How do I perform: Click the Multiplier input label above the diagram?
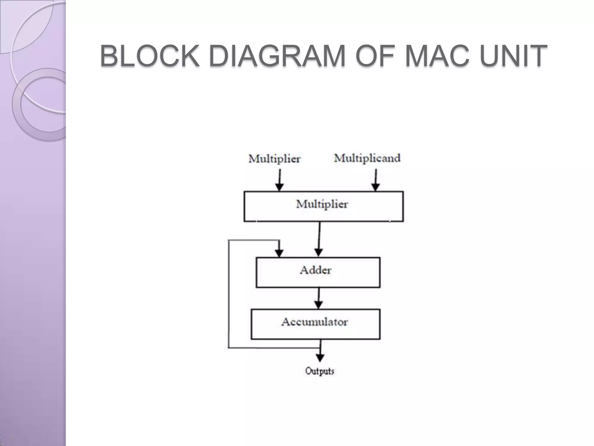click(x=274, y=159)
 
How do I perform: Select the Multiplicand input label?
click(x=367, y=158)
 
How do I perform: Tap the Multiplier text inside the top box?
click(x=322, y=204)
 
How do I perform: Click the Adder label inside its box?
click(x=316, y=270)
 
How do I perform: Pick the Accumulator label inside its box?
click(x=315, y=322)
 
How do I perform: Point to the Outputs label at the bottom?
click(x=320, y=371)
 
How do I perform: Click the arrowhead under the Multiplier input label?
click(x=279, y=187)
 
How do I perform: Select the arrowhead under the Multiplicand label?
click(x=376, y=187)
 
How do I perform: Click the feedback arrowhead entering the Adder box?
click(x=279, y=253)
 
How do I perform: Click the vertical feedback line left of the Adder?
click(x=229, y=293)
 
